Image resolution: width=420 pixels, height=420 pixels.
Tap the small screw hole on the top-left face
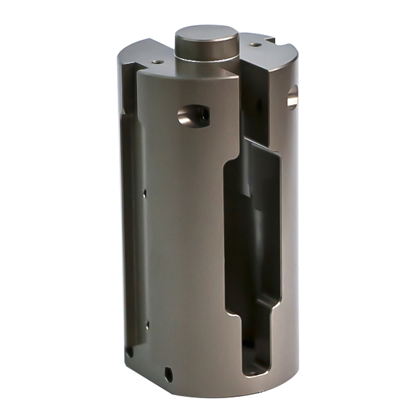(157, 62)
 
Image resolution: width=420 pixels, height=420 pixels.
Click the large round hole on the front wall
(192, 114)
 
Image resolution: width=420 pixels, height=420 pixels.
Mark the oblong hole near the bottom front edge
(168, 372)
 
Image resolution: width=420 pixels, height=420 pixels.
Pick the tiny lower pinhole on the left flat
(147, 325)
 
